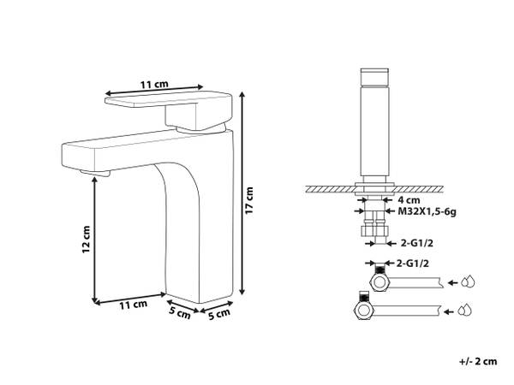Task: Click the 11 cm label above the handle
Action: (154, 85)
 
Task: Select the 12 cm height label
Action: (86, 240)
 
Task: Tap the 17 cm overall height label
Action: (249, 200)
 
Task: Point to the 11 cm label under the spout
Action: (133, 305)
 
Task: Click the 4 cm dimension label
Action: (409, 199)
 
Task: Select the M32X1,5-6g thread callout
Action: (427, 211)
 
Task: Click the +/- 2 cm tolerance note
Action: (478, 361)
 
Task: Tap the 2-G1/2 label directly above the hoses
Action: (412, 263)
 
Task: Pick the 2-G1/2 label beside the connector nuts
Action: (417, 243)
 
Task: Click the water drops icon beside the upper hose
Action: (468, 281)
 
